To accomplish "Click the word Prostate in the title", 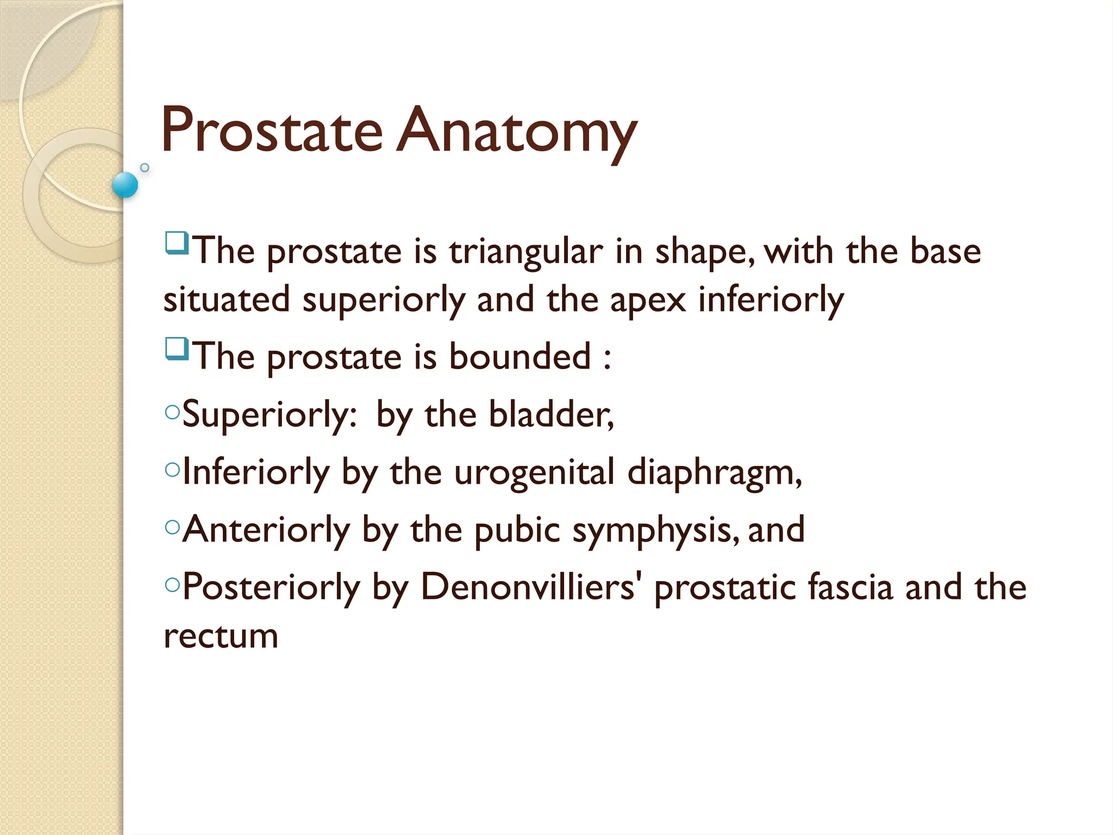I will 272,130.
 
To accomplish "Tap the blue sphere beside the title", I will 125,185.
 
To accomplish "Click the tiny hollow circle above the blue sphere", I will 145,167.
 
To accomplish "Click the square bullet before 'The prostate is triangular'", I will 177,243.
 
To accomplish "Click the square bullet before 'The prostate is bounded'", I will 177,348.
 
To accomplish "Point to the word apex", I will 648,300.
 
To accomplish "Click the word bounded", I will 520,357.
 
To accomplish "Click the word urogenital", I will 534,472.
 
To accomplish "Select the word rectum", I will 221,636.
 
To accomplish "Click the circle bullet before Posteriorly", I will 172,585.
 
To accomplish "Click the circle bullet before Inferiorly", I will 172,470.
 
